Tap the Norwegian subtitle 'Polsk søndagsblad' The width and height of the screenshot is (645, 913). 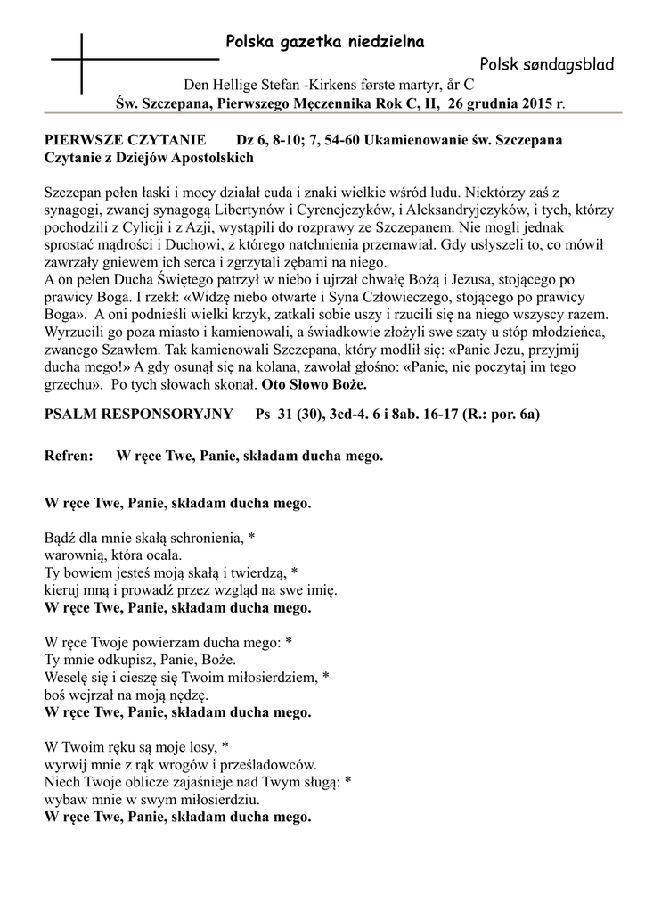click(x=552, y=64)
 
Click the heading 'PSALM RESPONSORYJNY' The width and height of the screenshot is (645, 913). click(x=138, y=415)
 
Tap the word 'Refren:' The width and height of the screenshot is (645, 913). click(x=69, y=456)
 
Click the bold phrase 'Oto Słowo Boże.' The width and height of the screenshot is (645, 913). click(x=314, y=386)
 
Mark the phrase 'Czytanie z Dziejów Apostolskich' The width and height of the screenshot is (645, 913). click(x=149, y=158)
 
